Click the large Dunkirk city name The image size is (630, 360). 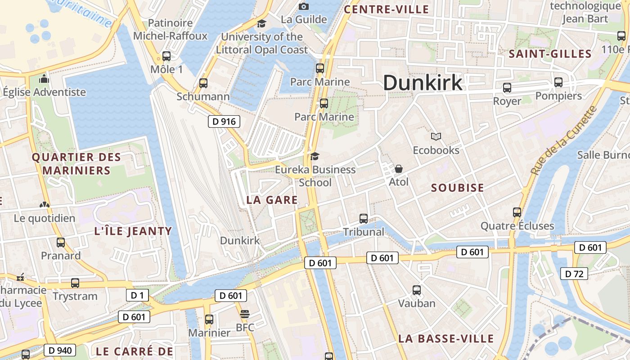click(x=423, y=83)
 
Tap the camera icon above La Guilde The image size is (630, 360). click(x=304, y=6)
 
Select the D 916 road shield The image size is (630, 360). click(x=224, y=121)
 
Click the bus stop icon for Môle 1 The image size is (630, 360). click(x=166, y=56)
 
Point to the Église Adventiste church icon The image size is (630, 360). click(x=44, y=79)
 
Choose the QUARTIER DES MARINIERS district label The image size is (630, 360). click(x=76, y=164)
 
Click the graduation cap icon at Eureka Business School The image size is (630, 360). click(x=315, y=156)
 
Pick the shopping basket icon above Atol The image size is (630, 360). click(x=398, y=169)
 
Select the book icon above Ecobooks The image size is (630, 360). click(x=436, y=136)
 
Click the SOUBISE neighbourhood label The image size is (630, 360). click(x=457, y=188)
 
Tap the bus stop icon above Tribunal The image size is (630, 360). click(x=364, y=219)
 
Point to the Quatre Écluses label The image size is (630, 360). click(x=517, y=226)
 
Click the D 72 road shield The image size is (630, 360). click(x=574, y=273)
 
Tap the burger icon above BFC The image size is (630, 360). click(x=245, y=314)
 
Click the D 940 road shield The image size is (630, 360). click(x=60, y=350)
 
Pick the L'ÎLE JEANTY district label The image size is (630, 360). click(x=133, y=231)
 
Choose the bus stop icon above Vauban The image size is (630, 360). click(x=417, y=290)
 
